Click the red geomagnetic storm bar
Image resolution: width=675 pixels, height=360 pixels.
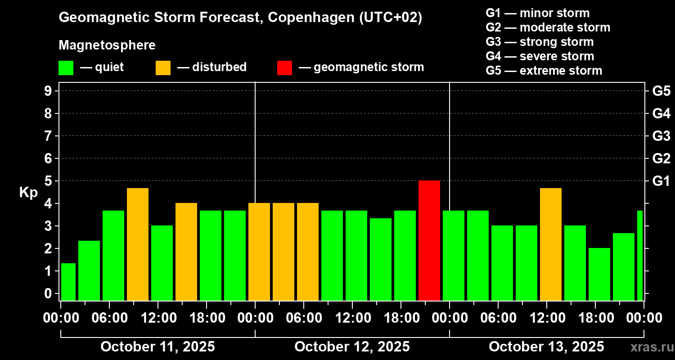pyautogui.click(x=429, y=240)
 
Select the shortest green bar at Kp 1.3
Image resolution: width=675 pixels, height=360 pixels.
pyautogui.click(x=68, y=282)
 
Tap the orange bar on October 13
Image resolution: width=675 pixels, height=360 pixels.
pyautogui.click(x=550, y=244)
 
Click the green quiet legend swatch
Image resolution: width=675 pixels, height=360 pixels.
pyautogui.click(x=66, y=67)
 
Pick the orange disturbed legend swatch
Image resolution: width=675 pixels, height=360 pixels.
pyautogui.click(x=163, y=67)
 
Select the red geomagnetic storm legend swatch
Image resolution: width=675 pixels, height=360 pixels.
pyautogui.click(x=284, y=67)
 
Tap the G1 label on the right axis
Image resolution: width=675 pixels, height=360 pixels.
pyautogui.click(x=661, y=181)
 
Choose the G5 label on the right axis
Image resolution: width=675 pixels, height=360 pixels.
pyautogui.click(x=661, y=91)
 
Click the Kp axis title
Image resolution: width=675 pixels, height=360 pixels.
pyautogui.click(x=28, y=193)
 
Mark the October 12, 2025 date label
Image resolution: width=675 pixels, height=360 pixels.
pyautogui.click(x=352, y=346)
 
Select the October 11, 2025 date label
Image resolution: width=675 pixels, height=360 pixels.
pyautogui.click(x=157, y=346)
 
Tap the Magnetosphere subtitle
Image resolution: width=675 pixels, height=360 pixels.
pyautogui.click(x=107, y=45)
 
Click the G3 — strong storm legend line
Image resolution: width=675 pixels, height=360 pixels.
pyautogui.click(x=540, y=42)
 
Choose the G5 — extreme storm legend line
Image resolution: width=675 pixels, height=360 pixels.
pyautogui.click(x=544, y=71)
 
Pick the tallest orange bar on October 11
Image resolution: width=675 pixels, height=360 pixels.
pyautogui.click(x=137, y=244)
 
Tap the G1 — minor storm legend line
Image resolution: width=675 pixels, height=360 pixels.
pyautogui.click(x=537, y=13)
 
